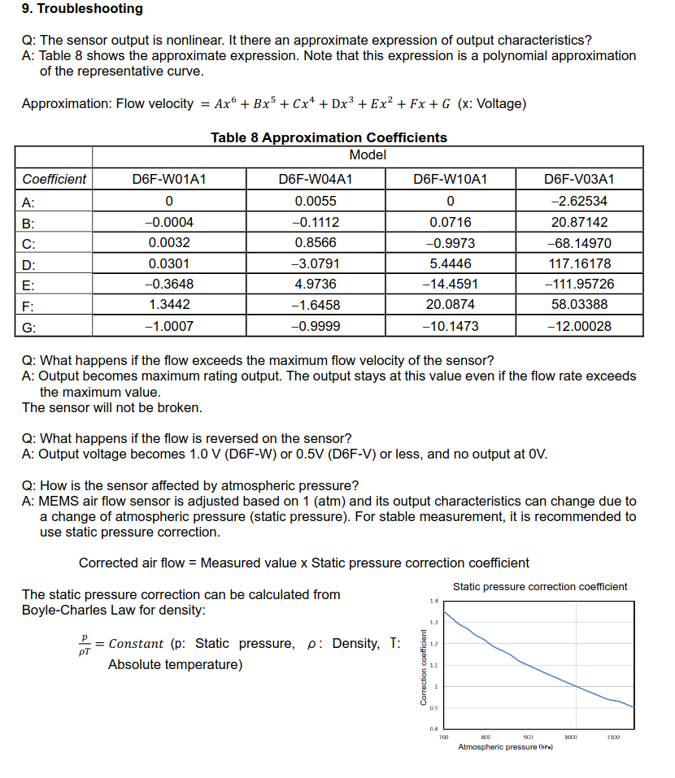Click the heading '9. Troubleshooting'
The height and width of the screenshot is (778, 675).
82,9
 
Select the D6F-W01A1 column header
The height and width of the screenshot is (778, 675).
168,180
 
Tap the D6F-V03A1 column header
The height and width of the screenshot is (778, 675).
579,180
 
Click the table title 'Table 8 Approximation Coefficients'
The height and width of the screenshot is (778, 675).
329,137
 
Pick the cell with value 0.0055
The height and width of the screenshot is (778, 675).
316,202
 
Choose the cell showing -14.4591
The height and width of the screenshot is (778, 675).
450,284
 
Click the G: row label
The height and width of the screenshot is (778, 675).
29,326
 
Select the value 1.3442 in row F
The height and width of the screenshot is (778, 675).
169,305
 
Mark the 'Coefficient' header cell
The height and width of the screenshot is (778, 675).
54,180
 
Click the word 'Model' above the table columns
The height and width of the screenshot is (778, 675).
368,154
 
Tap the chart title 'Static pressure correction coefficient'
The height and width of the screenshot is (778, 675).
540,586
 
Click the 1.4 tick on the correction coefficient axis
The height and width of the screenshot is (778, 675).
433,601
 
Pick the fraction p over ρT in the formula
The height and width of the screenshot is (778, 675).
83,644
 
